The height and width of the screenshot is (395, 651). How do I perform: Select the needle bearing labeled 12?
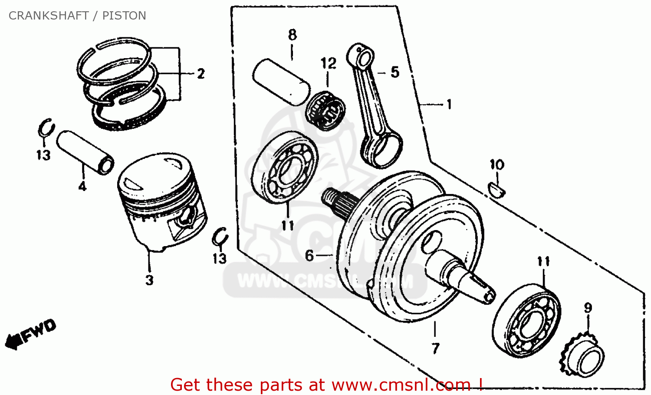click(x=325, y=111)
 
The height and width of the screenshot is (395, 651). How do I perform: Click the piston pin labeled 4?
click(x=85, y=152)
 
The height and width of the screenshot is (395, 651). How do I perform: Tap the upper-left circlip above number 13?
click(x=45, y=128)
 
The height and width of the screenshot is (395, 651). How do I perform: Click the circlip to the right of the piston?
click(x=220, y=237)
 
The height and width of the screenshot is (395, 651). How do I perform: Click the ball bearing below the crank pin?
click(x=285, y=167)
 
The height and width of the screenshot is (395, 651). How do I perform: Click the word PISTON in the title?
click(x=124, y=16)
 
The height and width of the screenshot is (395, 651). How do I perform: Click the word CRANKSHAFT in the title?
click(x=49, y=16)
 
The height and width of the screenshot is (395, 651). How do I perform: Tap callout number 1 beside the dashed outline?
click(x=449, y=105)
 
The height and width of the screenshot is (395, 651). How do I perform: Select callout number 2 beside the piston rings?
click(x=201, y=74)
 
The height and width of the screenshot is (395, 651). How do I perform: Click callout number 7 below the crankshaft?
click(x=435, y=348)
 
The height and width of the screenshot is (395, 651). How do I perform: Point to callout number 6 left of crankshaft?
click(x=309, y=256)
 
